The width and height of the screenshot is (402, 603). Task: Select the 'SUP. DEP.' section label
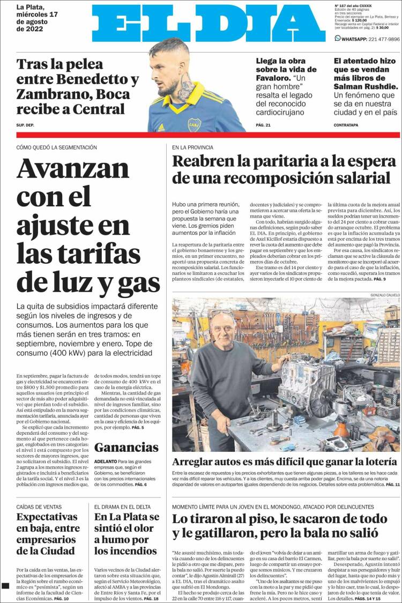coord(25,125)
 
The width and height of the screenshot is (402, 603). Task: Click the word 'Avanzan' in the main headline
coord(72,168)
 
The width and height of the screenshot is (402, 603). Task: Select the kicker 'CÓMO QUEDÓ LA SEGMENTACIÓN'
coord(57,147)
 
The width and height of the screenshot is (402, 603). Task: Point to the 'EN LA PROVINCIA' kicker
coord(192,147)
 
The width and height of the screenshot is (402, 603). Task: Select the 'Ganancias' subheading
coord(126,448)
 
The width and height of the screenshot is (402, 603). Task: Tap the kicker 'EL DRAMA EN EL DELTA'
coord(122,507)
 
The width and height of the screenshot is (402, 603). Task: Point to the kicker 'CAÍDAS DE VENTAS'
coord(39,507)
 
